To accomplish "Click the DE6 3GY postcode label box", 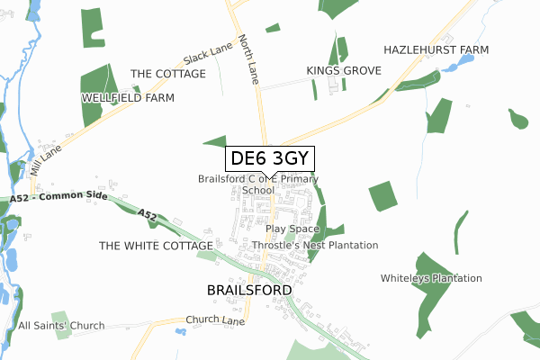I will (x=270, y=158).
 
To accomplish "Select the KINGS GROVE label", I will (x=344, y=69).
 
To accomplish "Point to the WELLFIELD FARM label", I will (x=128, y=96).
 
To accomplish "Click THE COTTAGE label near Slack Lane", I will (x=167, y=74).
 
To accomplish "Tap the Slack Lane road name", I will (x=208, y=56).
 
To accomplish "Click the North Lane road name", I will (x=249, y=60).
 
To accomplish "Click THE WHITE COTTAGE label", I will (x=156, y=245).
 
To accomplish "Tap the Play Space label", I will (x=292, y=229).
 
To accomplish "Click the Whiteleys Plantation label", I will (x=431, y=278).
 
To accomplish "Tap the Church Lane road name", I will (x=215, y=319).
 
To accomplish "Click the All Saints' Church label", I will (x=61, y=325).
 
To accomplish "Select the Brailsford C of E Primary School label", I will (x=258, y=184).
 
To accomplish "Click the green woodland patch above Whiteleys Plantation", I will (x=382, y=196).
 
